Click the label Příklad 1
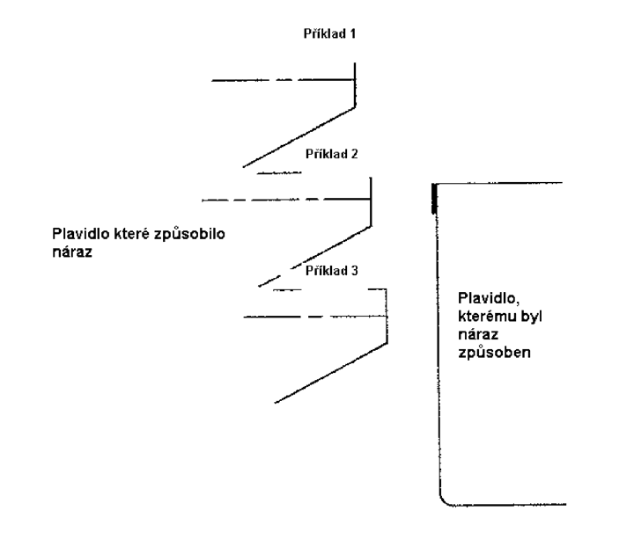click(329, 33)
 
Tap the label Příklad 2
click(332, 154)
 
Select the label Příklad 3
click(332, 270)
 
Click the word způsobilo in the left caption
click(189, 235)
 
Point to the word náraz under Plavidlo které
click(72, 252)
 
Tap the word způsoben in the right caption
click(494, 353)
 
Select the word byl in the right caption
click(531, 317)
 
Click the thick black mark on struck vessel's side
click(434, 198)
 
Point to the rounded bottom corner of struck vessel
click(445, 501)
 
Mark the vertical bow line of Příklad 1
click(355, 84)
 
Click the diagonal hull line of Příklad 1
click(299, 137)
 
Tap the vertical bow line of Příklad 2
click(371, 202)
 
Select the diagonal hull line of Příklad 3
click(331, 373)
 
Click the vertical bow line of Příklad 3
click(387, 316)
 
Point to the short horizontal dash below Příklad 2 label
click(279, 173)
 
